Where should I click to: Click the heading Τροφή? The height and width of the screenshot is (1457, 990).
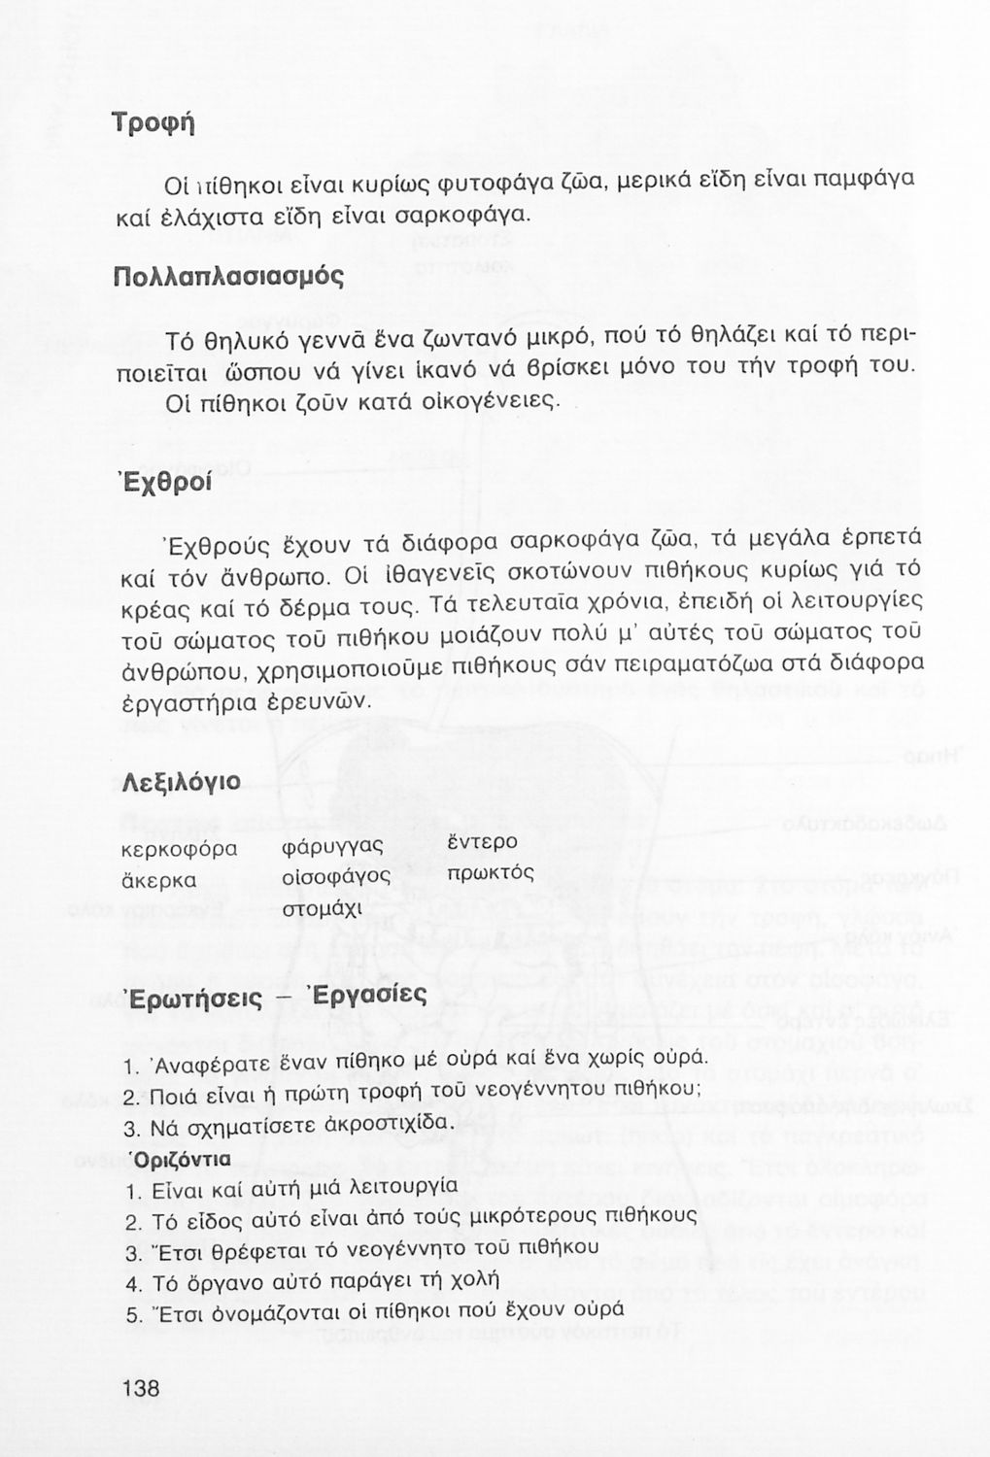(155, 123)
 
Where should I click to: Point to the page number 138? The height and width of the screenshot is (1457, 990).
(142, 1388)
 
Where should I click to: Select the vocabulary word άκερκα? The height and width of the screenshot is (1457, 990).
(158, 879)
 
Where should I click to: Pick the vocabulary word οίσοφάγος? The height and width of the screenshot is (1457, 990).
(335, 876)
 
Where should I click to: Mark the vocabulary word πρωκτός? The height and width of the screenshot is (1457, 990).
(491, 872)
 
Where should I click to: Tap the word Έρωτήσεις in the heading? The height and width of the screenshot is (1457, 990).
(191, 1000)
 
